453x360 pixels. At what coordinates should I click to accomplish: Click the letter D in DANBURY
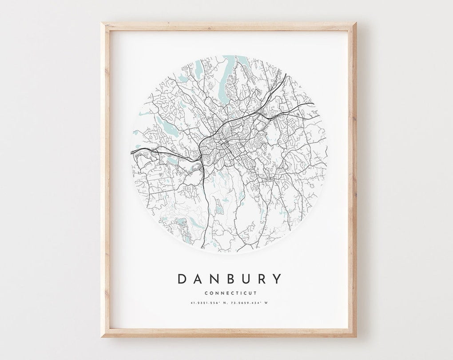pyautogui.click(x=182, y=279)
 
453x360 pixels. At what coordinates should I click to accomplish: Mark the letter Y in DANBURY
pyautogui.click(x=278, y=279)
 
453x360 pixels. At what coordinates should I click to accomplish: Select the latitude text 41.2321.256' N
pyautogui.click(x=204, y=304)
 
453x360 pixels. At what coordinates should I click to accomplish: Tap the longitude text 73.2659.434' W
pyautogui.click(x=252, y=304)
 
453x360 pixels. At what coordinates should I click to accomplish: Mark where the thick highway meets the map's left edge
pyautogui.click(x=132, y=152)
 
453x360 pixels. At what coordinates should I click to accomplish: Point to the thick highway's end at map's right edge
pyautogui.click(x=313, y=104)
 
